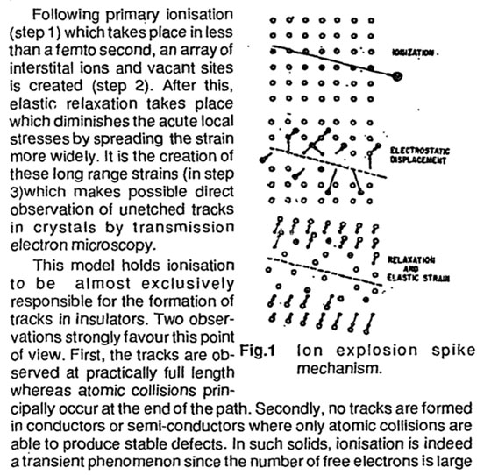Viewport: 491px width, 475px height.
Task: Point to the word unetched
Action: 153,209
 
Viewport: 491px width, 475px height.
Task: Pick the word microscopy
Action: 113,245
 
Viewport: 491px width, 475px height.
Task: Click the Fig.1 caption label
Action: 258,351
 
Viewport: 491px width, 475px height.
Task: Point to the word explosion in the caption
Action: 377,351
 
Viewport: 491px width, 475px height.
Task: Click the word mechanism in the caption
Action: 339,369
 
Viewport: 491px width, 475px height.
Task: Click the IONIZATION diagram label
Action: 414,53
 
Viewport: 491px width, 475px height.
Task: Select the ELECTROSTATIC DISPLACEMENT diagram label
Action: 420,155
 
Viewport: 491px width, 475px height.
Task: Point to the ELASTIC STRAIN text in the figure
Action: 418,278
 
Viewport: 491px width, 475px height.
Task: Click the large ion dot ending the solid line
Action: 396,75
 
